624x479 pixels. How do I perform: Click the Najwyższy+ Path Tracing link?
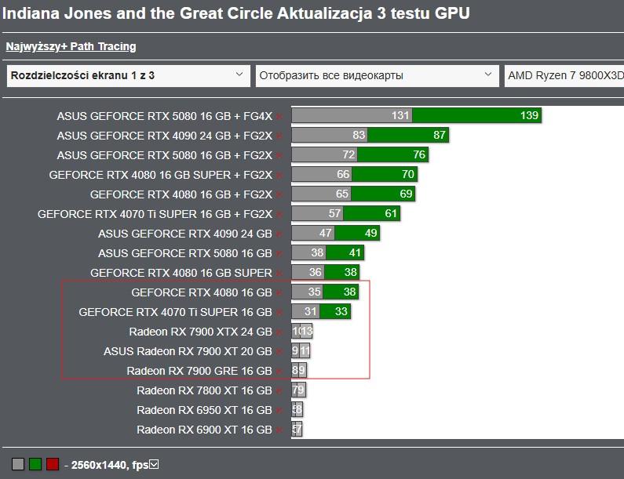71,47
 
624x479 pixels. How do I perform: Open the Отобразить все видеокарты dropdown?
376,76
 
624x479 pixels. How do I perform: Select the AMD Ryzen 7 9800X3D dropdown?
564,76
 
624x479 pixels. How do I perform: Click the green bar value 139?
528,116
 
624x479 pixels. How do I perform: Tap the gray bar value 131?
400,116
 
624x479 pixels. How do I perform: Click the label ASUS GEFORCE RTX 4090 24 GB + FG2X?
164,136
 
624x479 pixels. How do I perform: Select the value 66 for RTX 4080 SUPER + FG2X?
343,175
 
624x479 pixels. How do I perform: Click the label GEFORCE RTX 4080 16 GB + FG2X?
181,194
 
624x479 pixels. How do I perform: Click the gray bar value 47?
326,234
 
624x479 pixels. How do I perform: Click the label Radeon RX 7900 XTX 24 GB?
200,332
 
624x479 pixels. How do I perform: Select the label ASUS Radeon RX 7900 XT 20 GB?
188,351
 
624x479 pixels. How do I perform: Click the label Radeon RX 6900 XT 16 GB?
204,430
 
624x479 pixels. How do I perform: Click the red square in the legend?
52,464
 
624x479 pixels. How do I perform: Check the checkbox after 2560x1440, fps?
155,464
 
